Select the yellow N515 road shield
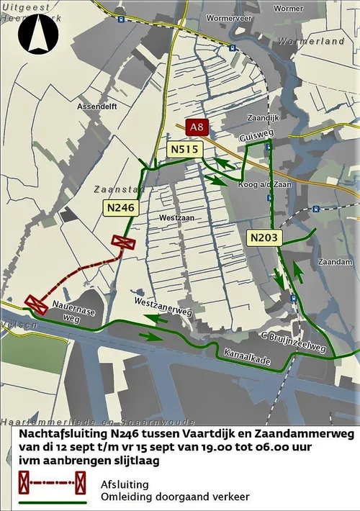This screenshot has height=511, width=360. [185, 149]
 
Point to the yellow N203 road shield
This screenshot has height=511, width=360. [264, 237]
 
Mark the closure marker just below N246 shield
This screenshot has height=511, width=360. [124, 243]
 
